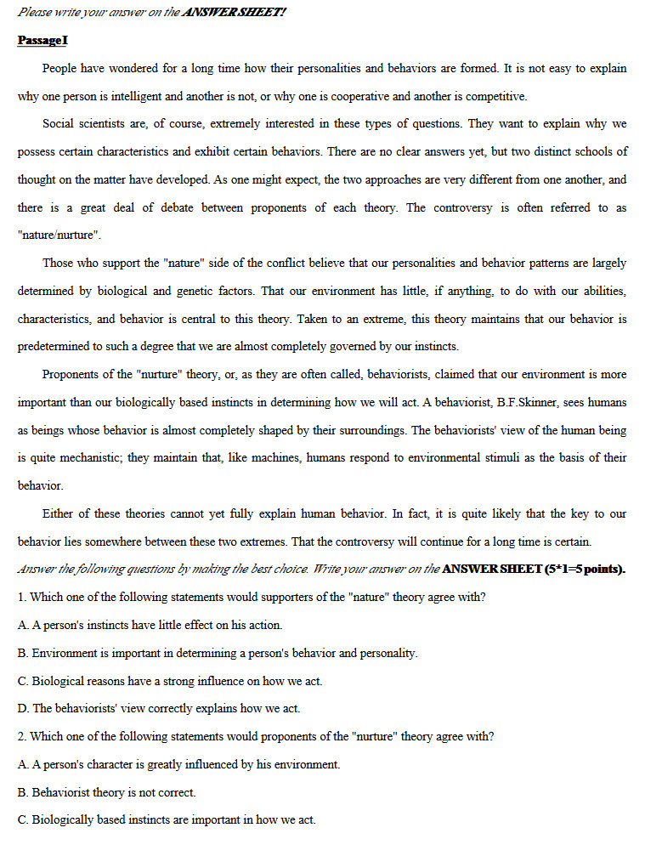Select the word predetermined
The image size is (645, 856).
tap(58, 346)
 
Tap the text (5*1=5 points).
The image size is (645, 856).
tap(586, 569)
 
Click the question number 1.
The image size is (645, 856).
tap(21, 597)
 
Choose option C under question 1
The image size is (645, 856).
tap(170, 681)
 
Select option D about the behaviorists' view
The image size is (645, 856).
tap(159, 708)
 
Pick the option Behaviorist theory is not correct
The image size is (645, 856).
tap(106, 792)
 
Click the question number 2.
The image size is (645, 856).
tap(21, 736)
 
